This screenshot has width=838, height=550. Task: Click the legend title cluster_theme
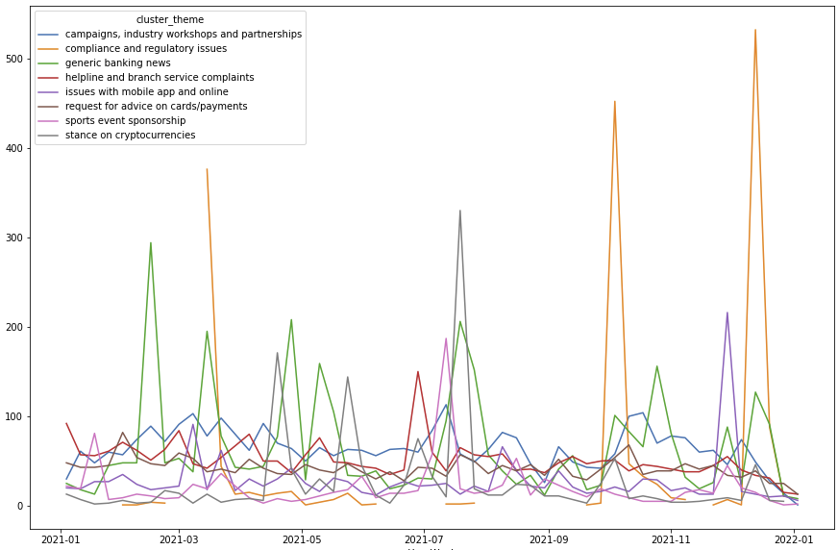click(170, 19)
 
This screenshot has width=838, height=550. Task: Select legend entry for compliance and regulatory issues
click(146, 48)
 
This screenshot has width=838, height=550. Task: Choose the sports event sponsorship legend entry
click(125, 120)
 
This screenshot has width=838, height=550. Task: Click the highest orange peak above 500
click(755, 30)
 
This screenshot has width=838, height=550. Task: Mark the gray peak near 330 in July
click(460, 211)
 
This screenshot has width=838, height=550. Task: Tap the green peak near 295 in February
click(150, 242)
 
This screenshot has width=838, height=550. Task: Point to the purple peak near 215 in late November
click(727, 312)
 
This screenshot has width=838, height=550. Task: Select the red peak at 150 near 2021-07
click(418, 371)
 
